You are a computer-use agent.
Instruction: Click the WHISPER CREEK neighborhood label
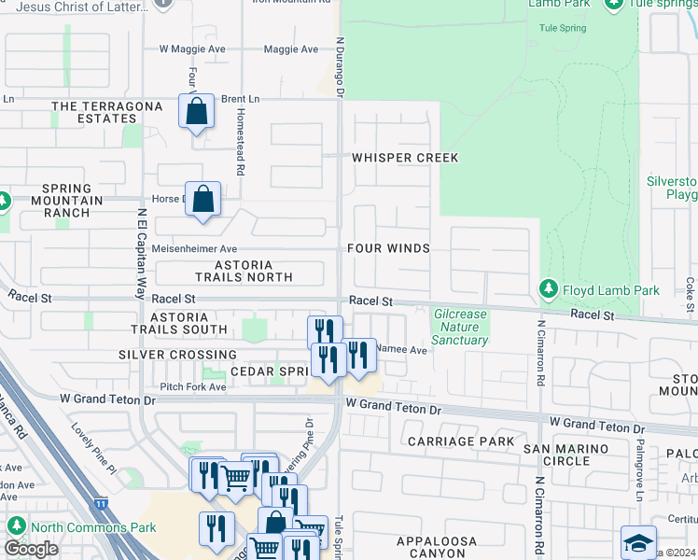[405, 158]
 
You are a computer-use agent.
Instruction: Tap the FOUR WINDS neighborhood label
[388, 248]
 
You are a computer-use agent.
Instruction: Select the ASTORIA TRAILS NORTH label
[244, 271]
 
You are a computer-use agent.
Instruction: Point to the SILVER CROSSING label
[177, 355]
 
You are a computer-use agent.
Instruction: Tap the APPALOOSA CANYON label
[437, 547]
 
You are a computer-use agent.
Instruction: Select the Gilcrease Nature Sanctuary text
[460, 327]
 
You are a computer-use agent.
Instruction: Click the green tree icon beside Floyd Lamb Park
[550, 290]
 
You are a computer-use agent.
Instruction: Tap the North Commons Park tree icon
[16, 526]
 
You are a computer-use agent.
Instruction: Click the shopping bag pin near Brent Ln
[196, 113]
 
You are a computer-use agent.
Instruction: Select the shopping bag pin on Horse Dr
[203, 199]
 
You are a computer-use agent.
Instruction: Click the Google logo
[31, 549]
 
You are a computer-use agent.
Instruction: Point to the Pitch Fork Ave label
[192, 385]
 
